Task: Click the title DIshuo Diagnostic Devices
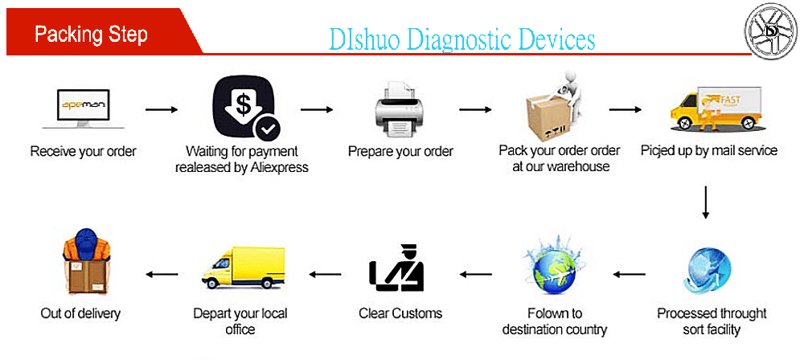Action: (462, 39)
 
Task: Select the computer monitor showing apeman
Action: (84, 108)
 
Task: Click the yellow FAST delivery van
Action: (716, 108)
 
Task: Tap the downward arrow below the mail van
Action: (706, 202)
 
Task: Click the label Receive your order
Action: (84, 151)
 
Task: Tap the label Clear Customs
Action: (400, 313)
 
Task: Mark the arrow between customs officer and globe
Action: (476, 274)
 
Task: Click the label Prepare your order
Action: (400, 151)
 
